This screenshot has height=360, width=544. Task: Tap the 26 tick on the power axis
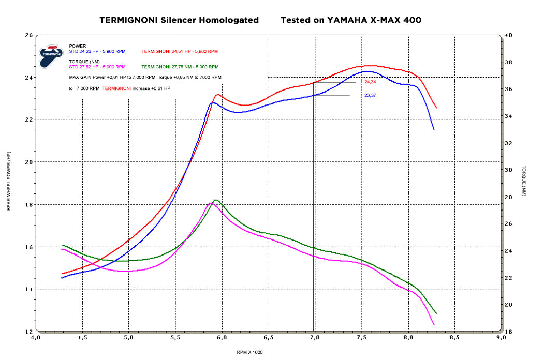pyautogui.click(x=29, y=35)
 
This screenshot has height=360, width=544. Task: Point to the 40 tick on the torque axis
pyautogui.click(x=508, y=35)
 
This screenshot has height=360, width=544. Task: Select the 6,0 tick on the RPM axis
pyautogui.click(x=222, y=338)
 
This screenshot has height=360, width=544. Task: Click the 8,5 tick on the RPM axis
pyautogui.click(x=454, y=338)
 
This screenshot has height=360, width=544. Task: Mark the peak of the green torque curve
pyautogui.click(x=215, y=200)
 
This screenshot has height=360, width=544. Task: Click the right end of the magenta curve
pyautogui.click(x=434, y=324)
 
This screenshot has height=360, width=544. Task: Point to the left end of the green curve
pyautogui.click(x=63, y=245)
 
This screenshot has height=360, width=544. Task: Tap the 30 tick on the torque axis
pyautogui.click(x=508, y=170)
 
